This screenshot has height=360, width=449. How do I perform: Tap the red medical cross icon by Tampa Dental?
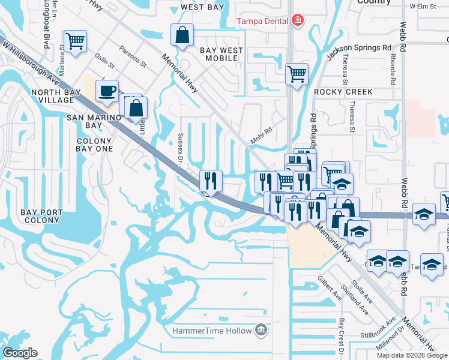coord(297,22)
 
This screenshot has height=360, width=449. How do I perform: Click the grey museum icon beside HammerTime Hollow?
coord(261,330)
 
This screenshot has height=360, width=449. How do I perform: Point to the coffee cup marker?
coord(107,91)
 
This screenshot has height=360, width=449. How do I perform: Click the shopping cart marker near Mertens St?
coord(75,42)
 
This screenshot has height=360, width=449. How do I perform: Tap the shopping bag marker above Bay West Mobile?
coord(182,35)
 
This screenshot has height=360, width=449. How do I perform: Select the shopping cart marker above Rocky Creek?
coord(297,75)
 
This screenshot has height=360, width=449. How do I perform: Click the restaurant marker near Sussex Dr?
coord(211,180)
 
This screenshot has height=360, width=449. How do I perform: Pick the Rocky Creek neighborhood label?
coord(343,92)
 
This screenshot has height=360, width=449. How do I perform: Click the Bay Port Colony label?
coord(40,216)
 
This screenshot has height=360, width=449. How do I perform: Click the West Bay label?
coord(202,8)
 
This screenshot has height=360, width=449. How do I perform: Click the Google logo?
coord(20,352)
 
